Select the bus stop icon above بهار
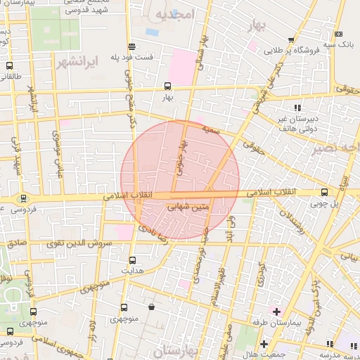(167, 86)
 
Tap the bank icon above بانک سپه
(339, 34)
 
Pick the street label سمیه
(211, 130)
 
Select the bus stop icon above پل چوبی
(324, 192)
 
